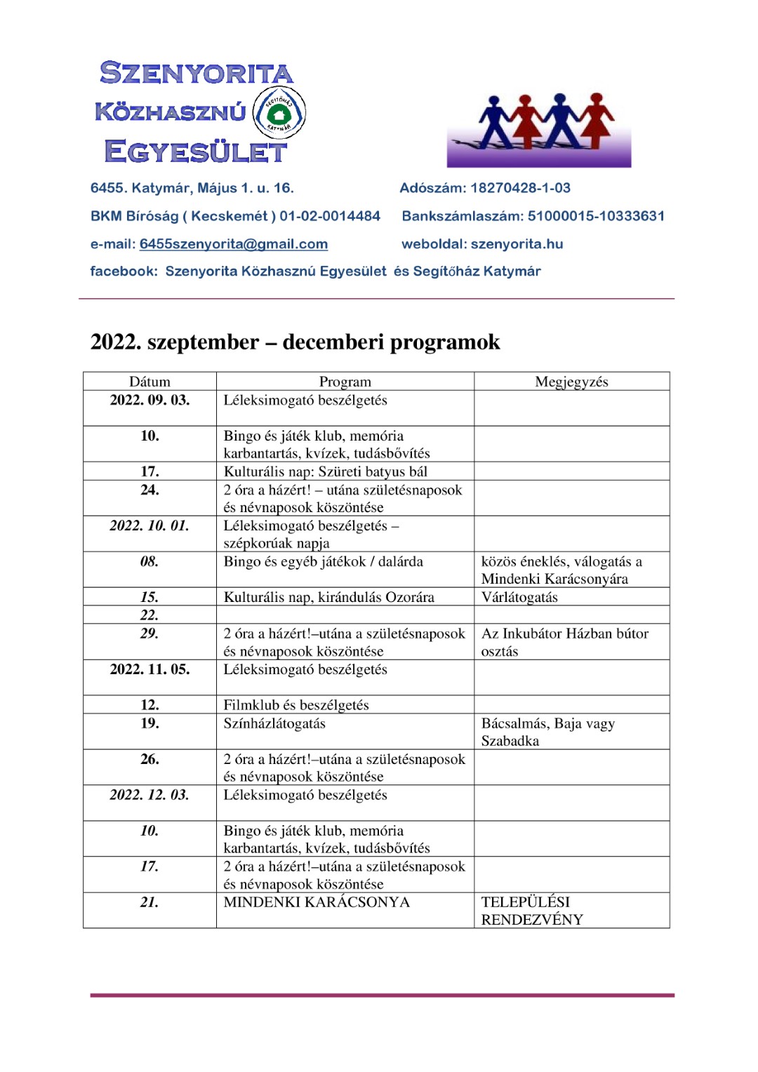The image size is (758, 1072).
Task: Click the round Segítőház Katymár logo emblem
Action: [279, 112]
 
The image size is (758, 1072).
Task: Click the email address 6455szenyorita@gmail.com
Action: [234, 244]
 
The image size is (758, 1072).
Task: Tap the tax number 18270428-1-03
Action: [520, 188]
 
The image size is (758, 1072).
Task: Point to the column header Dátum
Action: [149, 382]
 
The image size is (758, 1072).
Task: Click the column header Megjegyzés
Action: [571, 382]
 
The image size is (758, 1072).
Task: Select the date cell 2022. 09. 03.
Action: [149, 401]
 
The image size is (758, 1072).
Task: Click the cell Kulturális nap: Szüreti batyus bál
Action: [326, 471]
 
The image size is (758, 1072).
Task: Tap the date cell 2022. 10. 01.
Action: [149, 526]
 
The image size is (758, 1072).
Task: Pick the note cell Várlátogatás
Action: [519, 598]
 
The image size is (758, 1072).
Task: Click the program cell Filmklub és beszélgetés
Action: [296, 705]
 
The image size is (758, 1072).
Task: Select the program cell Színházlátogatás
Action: [274, 723]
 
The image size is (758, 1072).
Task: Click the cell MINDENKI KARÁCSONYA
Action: [317, 902]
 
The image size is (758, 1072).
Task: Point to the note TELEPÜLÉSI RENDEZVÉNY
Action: [532, 911]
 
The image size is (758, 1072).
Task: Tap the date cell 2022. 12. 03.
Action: [149, 795]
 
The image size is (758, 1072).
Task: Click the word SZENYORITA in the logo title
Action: [196, 73]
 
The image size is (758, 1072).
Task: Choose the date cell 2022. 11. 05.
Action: [149, 669]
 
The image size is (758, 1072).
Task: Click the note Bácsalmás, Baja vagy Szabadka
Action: [547, 732]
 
